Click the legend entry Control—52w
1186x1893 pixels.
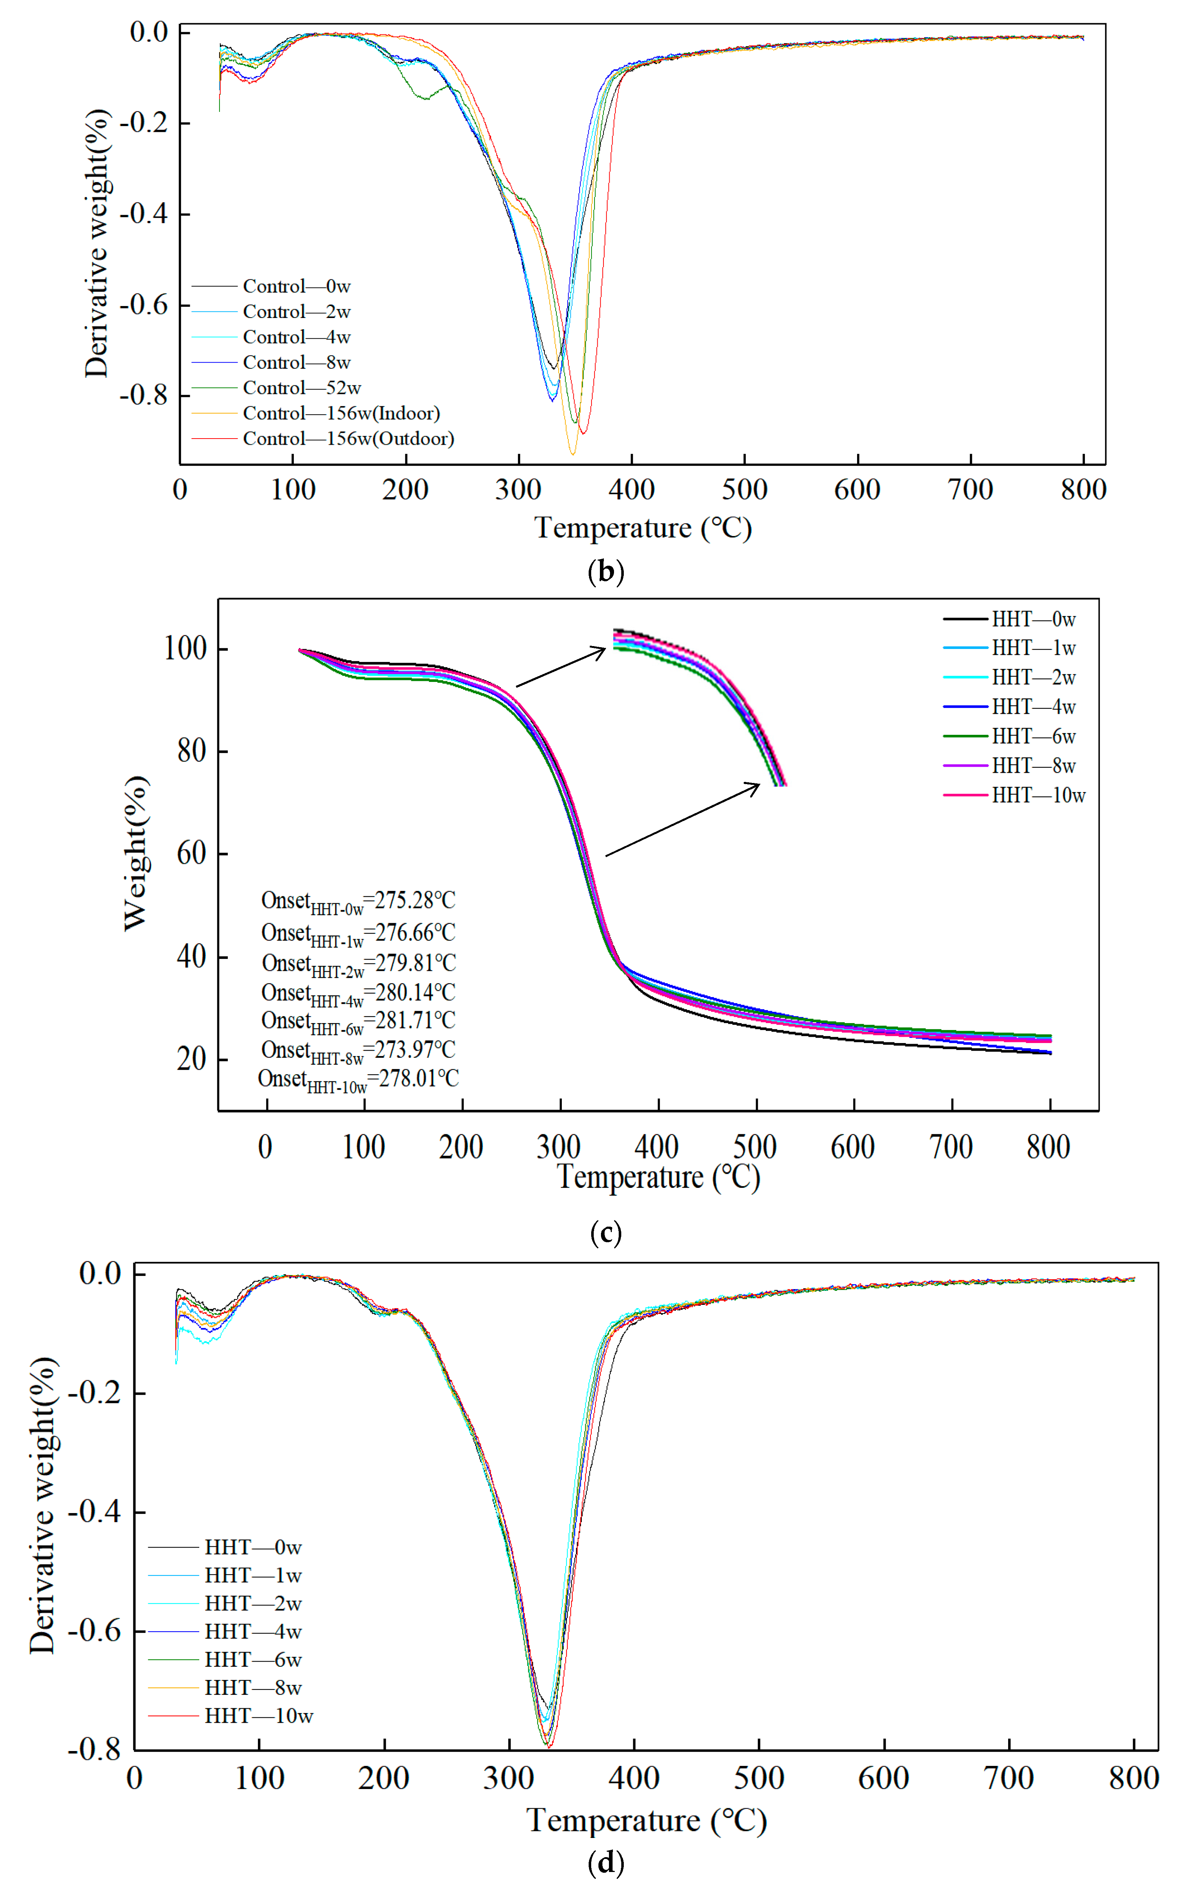pyautogui.click(x=301, y=388)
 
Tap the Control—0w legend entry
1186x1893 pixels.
pyautogui.click(x=296, y=286)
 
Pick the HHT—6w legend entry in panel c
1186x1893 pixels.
pyautogui.click(x=1033, y=736)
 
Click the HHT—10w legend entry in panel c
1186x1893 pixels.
pyautogui.click(x=1038, y=795)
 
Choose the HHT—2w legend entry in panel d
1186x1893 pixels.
pyautogui.click(x=252, y=1604)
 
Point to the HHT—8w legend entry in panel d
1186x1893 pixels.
pyautogui.click(x=252, y=1688)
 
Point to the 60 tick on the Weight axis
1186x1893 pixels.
pyautogui.click(x=191, y=853)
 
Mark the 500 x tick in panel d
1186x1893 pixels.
pyautogui.click(x=759, y=1778)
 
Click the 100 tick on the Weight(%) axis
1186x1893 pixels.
pyautogui.click(x=185, y=649)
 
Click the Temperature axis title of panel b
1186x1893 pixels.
pyautogui.click(x=643, y=528)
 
